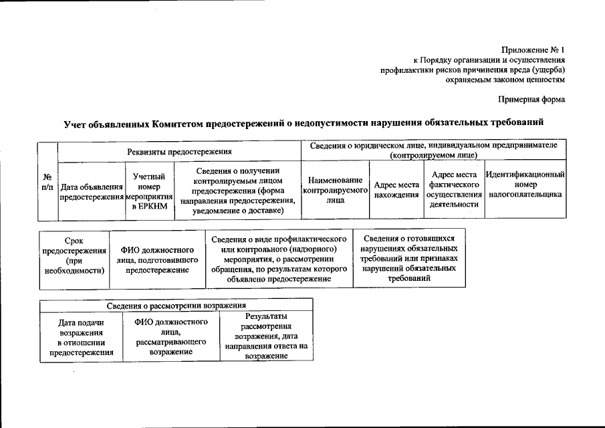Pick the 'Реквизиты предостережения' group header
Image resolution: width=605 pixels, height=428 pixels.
click(179, 152)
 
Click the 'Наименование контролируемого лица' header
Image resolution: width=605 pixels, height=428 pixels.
click(336, 191)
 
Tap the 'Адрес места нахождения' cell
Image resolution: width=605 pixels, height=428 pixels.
click(396, 190)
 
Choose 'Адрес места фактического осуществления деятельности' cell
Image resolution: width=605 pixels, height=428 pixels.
click(454, 190)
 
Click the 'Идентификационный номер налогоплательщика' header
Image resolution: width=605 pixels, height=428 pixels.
click(525, 184)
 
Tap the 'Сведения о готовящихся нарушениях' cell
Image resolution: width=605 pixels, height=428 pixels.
click(409, 257)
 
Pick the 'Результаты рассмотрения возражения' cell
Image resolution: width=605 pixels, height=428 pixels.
click(266, 336)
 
